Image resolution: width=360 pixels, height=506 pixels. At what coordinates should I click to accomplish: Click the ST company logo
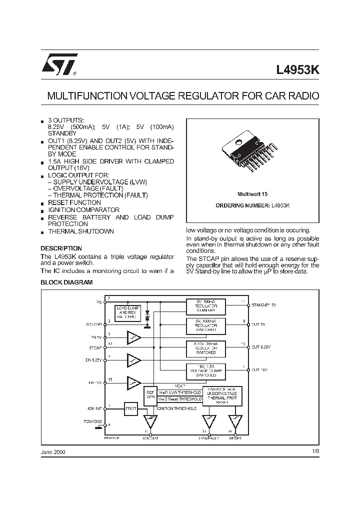(58, 65)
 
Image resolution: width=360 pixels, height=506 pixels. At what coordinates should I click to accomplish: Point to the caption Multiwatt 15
(252, 193)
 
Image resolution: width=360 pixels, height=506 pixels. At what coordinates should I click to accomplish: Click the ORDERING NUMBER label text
(242, 205)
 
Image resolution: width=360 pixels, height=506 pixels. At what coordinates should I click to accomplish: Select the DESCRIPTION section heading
(61, 248)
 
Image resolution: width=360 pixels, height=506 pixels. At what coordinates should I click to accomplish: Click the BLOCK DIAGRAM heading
(66, 282)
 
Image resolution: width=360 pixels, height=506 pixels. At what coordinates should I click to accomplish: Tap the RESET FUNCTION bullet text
(74, 202)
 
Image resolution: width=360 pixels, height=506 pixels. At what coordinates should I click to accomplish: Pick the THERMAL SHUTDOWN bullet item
(80, 231)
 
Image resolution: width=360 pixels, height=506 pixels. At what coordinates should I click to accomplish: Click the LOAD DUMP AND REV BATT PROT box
(128, 313)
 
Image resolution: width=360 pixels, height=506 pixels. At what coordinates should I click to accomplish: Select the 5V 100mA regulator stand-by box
(205, 306)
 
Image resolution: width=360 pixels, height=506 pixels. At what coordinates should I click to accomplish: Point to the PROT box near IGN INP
(130, 408)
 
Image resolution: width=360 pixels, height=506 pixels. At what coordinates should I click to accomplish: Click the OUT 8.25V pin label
(263, 346)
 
